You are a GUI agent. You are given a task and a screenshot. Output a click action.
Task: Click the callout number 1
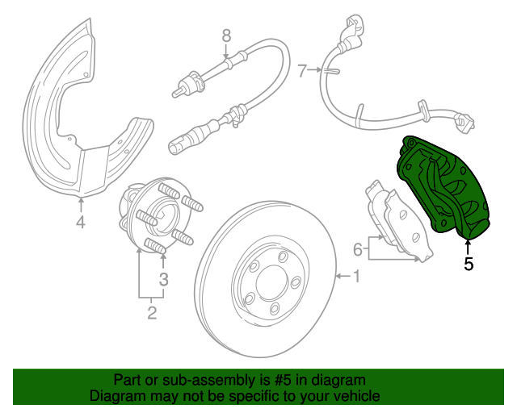(357, 276)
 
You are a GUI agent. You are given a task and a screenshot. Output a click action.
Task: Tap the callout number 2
(152, 312)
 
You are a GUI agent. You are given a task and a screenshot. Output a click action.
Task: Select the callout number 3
(164, 279)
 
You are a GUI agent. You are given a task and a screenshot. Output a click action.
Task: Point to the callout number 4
(81, 222)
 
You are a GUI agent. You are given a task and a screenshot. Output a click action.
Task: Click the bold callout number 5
(469, 264)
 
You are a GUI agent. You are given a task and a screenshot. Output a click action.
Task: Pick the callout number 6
(358, 249)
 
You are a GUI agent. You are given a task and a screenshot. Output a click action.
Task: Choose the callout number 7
(302, 71)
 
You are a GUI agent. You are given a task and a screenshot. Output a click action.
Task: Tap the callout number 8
(226, 36)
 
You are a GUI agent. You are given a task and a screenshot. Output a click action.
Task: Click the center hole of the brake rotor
(271, 282)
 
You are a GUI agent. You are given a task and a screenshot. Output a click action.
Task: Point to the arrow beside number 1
(343, 276)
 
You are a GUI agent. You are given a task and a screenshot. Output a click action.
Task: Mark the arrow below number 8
(226, 52)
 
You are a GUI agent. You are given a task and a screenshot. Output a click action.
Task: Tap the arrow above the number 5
(468, 247)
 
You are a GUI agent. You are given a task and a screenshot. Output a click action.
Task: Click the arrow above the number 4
(81, 205)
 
